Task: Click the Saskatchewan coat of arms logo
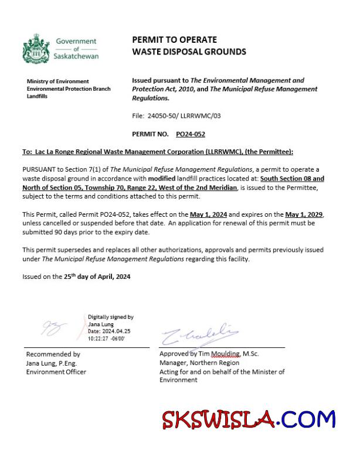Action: [x=35, y=49]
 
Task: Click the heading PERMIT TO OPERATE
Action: [x=174, y=40]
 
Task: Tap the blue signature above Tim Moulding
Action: [x=198, y=334]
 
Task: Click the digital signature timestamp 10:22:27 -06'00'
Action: [x=106, y=338]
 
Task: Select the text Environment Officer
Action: [x=56, y=371]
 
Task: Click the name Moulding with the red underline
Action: [x=225, y=354]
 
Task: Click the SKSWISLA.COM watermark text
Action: [x=249, y=421]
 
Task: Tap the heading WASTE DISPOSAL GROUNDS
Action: [x=189, y=52]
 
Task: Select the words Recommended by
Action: [x=53, y=354]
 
